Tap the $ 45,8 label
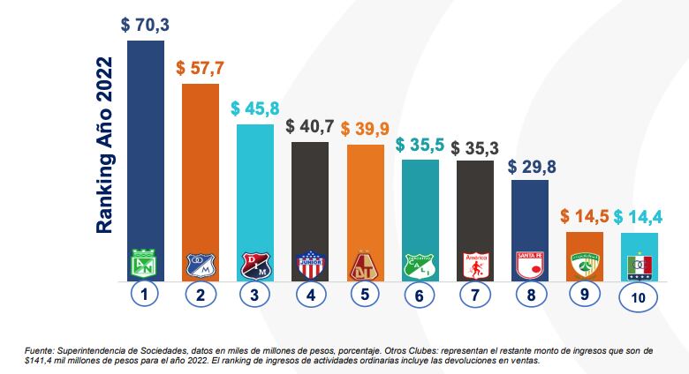coord(255,109)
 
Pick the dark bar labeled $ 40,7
coord(310,194)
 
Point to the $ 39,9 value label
coord(365,130)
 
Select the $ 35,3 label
coord(475,146)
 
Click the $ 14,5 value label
coord(585,217)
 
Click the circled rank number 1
coord(145,295)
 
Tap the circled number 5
coord(365,295)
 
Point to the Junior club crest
coord(310,265)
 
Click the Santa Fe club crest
coord(530,265)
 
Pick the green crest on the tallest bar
coord(145,265)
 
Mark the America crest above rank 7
coord(475,265)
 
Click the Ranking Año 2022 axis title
coord(105,146)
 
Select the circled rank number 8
coord(530,295)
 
